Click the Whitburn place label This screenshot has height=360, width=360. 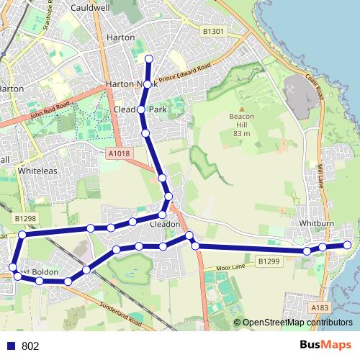click(x=315, y=224)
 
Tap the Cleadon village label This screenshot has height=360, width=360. click(x=164, y=224)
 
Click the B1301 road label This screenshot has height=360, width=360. click(x=214, y=31)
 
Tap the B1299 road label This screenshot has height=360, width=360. click(x=268, y=261)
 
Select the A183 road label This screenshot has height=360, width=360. click(x=320, y=307)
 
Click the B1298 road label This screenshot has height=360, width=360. click(x=24, y=216)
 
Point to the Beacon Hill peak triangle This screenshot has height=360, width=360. click(x=241, y=110)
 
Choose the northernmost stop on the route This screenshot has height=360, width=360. click(x=149, y=58)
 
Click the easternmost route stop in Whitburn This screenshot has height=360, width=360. click(x=347, y=245)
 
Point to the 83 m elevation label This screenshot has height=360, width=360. click(x=241, y=133)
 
